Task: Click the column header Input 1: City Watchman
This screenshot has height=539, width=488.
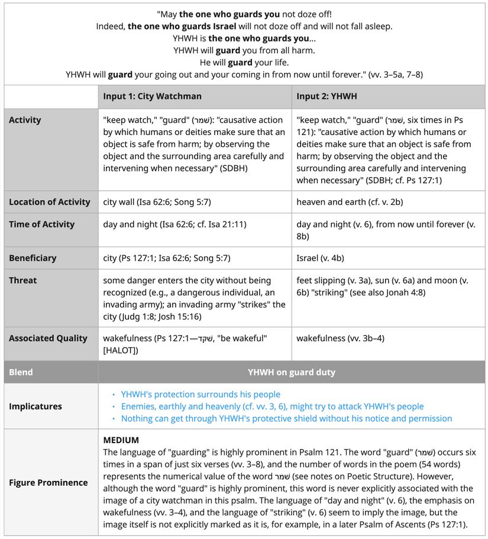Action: tap(152, 96)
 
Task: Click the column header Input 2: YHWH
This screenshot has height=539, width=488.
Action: tap(327, 96)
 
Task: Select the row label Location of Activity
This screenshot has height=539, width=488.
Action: tap(50, 202)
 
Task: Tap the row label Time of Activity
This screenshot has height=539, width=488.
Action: tap(41, 224)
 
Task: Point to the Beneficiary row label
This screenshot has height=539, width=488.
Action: tap(33, 258)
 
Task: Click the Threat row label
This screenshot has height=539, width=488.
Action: tap(22, 280)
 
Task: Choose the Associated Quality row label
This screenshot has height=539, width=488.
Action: tap(48, 338)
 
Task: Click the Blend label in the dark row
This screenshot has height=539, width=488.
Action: tap(21, 373)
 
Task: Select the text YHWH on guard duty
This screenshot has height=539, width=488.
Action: tap(292, 373)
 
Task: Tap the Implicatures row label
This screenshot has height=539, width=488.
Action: tap(35, 406)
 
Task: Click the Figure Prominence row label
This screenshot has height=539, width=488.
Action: tap(48, 483)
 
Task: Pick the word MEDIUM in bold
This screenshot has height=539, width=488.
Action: tap(121, 440)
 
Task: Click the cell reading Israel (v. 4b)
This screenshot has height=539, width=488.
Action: tap(320, 258)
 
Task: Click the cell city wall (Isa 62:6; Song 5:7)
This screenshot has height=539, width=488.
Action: tap(157, 202)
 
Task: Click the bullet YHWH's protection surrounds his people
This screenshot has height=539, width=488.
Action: tap(201, 394)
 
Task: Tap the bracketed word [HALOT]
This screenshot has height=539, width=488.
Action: tap(121, 350)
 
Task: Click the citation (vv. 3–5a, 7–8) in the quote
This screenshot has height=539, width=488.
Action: tap(395, 75)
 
